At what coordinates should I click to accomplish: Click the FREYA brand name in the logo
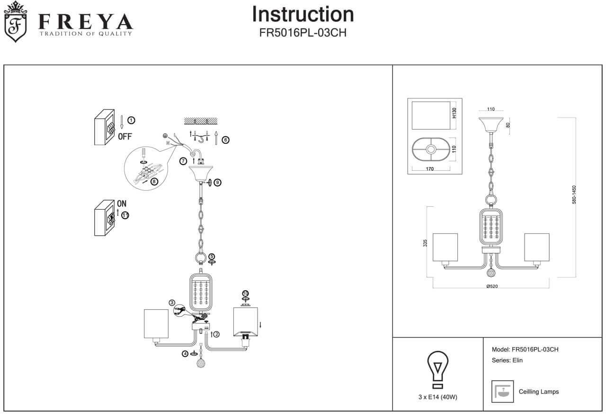[x=85, y=21]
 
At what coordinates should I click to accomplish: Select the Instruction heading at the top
[x=303, y=14]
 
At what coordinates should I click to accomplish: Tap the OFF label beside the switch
[x=125, y=137]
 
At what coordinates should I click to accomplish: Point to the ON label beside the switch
[x=122, y=203]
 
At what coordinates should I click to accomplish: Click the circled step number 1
[x=131, y=120]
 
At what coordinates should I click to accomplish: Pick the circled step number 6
[x=225, y=140]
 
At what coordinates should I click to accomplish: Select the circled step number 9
[x=217, y=183]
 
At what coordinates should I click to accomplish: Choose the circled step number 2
[x=216, y=334]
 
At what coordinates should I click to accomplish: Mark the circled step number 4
[x=185, y=353]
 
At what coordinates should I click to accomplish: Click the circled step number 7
[x=183, y=161]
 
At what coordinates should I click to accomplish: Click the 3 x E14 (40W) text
[x=437, y=397]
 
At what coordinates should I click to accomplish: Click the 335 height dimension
[x=425, y=243]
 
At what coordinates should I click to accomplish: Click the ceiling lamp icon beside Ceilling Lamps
[x=502, y=391]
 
